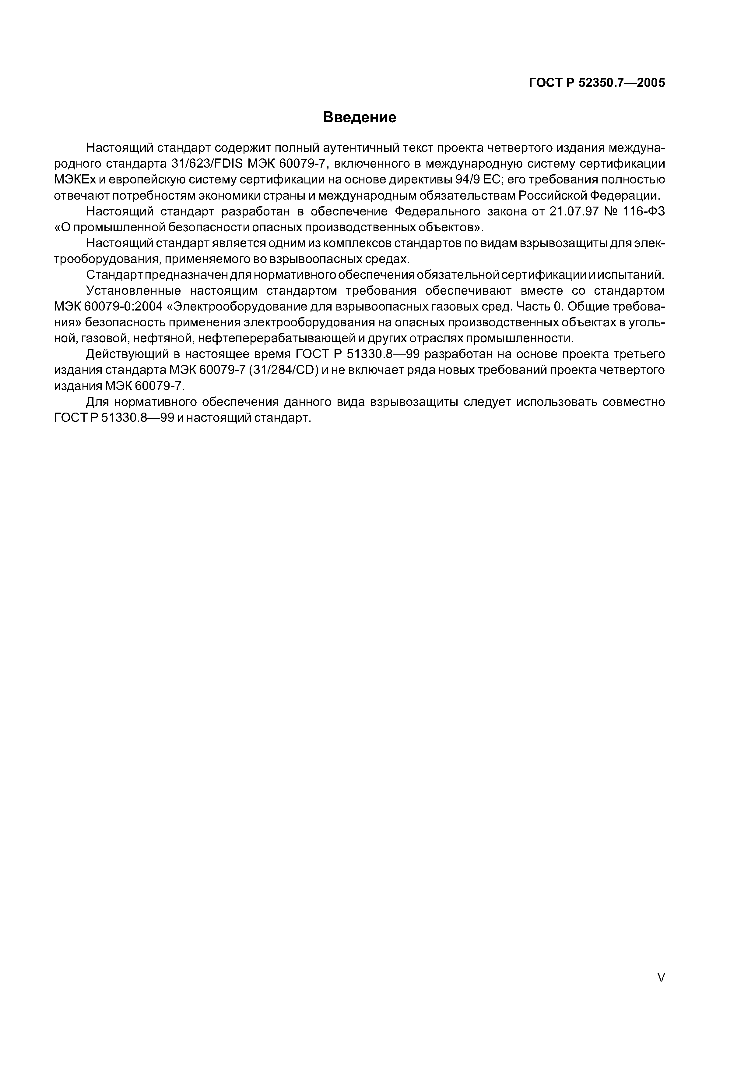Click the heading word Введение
(359, 117)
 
